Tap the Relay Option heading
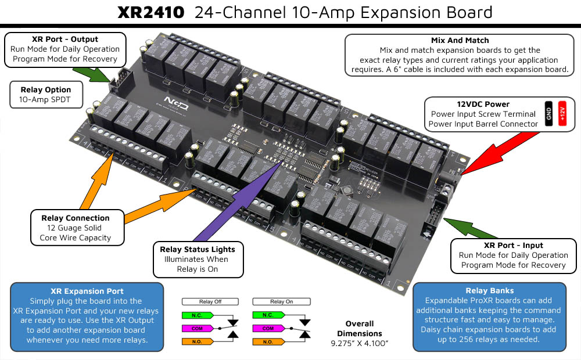(46, 89)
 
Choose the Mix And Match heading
(460, 41)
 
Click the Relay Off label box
(210, 301)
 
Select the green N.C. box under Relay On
(267, 315)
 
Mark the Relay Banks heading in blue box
(489, 290)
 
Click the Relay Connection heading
(75, 218)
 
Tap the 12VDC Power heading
(483, 105)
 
